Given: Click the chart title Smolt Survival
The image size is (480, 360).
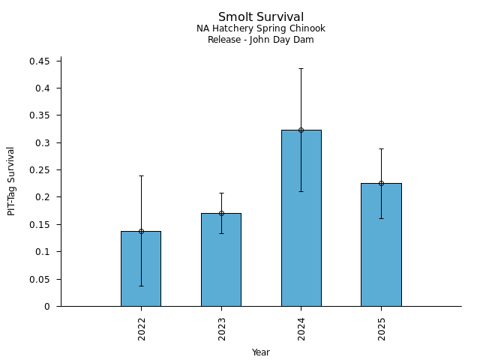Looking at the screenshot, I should pos(260,17).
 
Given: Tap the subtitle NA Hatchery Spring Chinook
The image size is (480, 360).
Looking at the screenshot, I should pos(260,28).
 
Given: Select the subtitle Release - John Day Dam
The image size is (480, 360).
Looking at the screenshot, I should pos(260,40).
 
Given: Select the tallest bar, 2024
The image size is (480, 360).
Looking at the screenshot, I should pos(301,217).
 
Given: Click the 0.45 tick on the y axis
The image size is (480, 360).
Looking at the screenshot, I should pos(40,61).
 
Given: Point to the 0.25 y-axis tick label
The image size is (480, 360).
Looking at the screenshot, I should pos(40,170).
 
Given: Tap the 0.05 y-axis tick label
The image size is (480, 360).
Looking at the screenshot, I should pos(40,279).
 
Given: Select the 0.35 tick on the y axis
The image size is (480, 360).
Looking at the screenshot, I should pos(40,115).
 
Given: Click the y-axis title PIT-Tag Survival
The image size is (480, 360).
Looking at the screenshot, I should pos(11,181).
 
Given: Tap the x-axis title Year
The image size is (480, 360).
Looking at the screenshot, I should pos(260,352).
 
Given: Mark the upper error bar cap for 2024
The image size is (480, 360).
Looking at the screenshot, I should pos(301,68).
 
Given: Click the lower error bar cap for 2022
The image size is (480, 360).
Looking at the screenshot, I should pos(141,286).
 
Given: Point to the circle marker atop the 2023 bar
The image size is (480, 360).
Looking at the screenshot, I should pos(221,213).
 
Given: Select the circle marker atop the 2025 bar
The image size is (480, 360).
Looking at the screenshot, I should pos(381,183).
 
